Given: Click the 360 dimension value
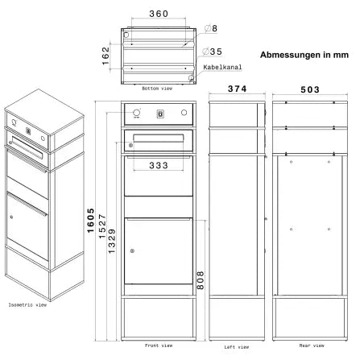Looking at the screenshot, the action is (159, 14).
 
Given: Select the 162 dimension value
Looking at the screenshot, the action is (106, 56).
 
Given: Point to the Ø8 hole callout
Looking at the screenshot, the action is (211, 28).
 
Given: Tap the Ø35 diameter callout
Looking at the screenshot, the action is (213, 52).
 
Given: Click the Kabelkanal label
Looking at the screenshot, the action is (222, 67).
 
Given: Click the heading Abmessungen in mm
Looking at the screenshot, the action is (304, 55).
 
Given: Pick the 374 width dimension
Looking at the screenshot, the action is (237, 89).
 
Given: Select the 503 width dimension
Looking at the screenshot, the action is (310, 89).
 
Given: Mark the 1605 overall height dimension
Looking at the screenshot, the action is (91, 221).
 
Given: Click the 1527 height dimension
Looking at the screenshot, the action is (102, 226).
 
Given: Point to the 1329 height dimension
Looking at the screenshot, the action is (112, 241).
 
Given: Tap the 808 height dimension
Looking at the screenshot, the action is (201, 280).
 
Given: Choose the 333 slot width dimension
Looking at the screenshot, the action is (159, 165).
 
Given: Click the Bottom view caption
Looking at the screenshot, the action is (157, 89).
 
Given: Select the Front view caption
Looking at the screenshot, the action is (159, 346).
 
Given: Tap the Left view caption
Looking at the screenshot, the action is (237, 347).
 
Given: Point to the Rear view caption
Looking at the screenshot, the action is (312, 346).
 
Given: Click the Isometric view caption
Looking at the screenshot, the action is (27, 305).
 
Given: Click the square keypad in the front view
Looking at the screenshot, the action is (160, 114).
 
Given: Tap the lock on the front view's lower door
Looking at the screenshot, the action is (132, 251).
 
